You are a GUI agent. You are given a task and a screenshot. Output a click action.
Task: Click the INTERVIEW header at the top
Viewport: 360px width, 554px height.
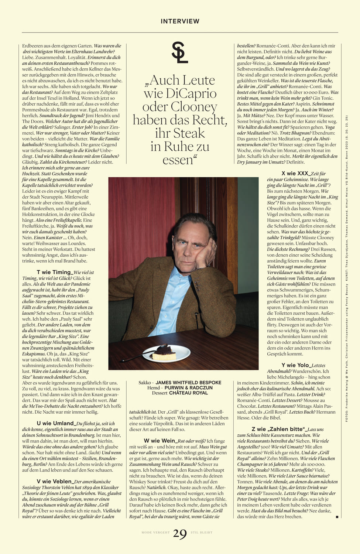[180, 21]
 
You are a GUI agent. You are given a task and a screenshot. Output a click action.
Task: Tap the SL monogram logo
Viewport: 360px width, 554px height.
[180, 52]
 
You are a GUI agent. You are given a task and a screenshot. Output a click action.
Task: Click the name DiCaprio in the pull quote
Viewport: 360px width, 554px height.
[191, 93]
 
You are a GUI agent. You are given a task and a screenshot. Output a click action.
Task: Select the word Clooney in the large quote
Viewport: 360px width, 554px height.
[193, 107]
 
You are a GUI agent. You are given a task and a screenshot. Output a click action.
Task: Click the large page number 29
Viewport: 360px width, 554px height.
[180, 534]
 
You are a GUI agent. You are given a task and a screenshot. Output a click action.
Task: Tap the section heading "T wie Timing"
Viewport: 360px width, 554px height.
[54, 272]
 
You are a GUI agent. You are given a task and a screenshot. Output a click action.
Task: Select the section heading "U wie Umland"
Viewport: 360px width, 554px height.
[55, 423]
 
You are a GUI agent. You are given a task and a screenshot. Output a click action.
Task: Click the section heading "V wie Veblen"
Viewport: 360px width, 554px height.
[54, 481]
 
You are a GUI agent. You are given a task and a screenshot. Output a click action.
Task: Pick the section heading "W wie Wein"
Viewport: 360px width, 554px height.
[160, 441]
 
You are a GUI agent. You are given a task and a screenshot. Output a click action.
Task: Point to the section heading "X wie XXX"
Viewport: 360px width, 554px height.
[295, 173]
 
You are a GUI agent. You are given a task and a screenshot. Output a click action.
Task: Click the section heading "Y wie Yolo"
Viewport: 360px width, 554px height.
[295, 365]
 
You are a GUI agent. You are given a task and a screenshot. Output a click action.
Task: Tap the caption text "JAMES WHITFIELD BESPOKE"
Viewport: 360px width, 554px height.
[188, 383]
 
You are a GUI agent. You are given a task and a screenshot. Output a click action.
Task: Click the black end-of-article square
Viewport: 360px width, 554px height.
[337, 517]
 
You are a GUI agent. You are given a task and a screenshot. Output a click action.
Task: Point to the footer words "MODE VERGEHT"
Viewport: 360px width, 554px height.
[155, 533]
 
